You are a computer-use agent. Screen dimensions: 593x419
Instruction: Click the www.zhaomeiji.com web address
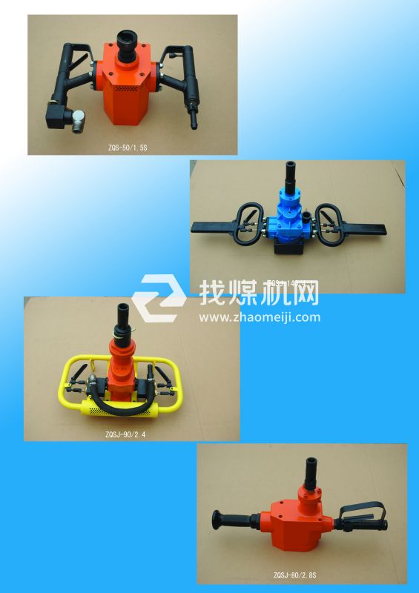tap(260, 317)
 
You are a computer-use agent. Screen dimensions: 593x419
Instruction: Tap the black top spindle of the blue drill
tap(288, 177)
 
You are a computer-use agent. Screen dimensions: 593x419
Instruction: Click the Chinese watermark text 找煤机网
tap(260, 292)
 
